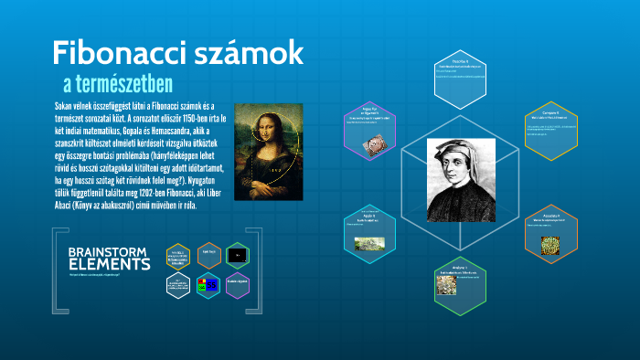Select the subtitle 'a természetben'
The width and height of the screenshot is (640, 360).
click(118, 85)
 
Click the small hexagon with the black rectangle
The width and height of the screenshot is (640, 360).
click(238, 255)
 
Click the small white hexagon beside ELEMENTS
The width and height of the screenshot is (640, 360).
click(178, 287)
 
